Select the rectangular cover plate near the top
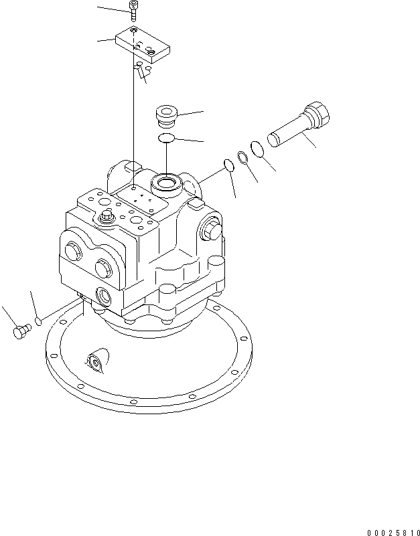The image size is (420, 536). [x=143, y=48]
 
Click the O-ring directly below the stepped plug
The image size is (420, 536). [x=166, y=138]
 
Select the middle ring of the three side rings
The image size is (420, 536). [x=242, y=157]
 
